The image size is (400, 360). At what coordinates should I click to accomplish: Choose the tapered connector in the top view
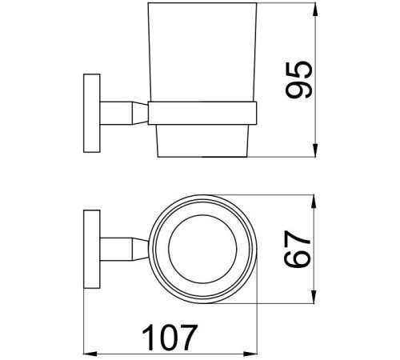coord(138,251)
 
